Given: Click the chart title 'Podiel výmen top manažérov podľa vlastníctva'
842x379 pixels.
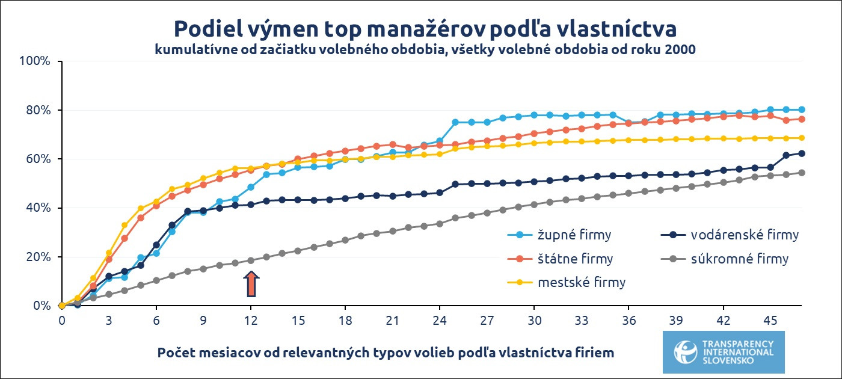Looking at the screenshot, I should [x=425, y=28].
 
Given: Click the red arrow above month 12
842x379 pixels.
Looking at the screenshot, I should [x=251, y=284].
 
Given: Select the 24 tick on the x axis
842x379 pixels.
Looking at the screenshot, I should [x=440, y=321].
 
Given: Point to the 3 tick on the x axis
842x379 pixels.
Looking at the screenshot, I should [x=109, y=321].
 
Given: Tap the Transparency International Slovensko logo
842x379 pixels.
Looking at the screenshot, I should [x=724, y=352].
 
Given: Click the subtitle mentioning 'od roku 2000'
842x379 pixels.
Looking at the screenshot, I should [x=425, y=50].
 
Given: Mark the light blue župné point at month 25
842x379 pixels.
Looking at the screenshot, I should [x=455, y=122].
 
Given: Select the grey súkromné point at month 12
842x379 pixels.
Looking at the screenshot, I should [x=251, y=260].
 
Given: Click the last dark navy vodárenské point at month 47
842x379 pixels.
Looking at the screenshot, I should [x=802, y=153].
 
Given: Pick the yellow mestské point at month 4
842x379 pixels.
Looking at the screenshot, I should [x=124, y=225].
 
